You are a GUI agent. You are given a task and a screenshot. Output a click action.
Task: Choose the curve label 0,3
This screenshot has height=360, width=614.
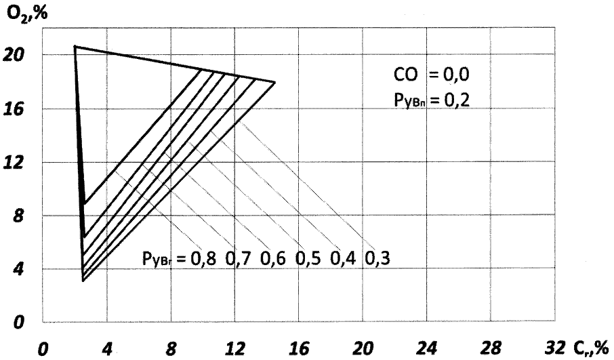[381, 258]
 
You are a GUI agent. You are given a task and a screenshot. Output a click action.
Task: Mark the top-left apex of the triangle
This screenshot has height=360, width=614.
[75, 46]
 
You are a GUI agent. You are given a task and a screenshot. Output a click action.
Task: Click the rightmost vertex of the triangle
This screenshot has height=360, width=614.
[275, 82]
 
